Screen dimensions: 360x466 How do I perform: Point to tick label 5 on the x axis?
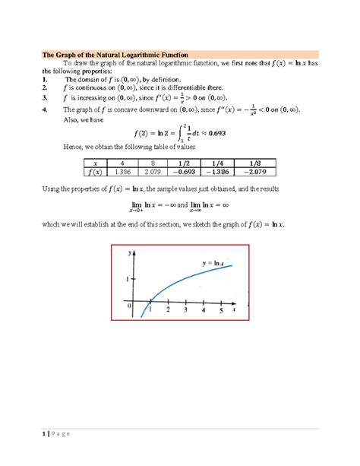(x=219, y=310)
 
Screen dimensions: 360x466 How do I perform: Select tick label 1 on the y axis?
(x=128, y=281)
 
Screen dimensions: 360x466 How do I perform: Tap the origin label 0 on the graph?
(x=130, y=305)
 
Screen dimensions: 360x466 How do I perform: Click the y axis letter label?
(x=130, y=252)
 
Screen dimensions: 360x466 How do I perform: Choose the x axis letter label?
(x=235, y=310)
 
